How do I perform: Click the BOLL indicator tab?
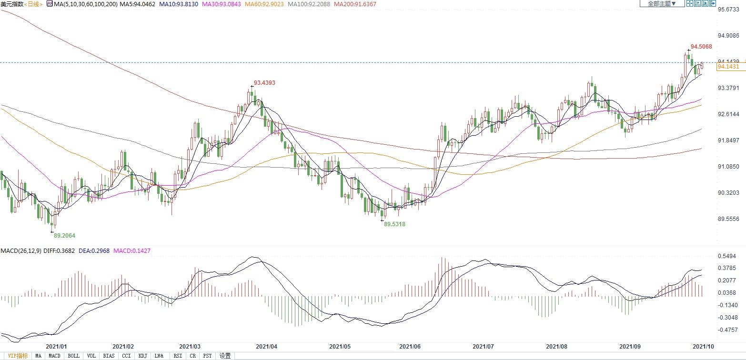[x=73, y=356]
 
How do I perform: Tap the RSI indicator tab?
[x=178, y=356]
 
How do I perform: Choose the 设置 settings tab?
[x=225, y=356]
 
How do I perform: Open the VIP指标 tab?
[x=18, y=356]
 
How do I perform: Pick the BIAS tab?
[x=109, y=356]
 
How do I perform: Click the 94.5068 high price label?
[x=701, y=47]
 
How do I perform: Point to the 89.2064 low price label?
[x=64, y=235]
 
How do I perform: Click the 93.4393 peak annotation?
[x=264, y=83]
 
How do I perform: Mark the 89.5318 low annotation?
[x=394, y=224]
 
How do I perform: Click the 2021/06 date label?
[x=410, y=347]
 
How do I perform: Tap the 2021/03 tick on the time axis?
[x=190, y=347]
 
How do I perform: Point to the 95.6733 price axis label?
[x=728, y=10]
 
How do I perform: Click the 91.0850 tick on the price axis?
[x=728, y=167]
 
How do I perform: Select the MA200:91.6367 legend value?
[x=355, y=4]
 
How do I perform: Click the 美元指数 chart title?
[x=12, y=4]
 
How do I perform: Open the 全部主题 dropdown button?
[x=662, y=4]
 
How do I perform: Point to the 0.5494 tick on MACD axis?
[x=727, y=256]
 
